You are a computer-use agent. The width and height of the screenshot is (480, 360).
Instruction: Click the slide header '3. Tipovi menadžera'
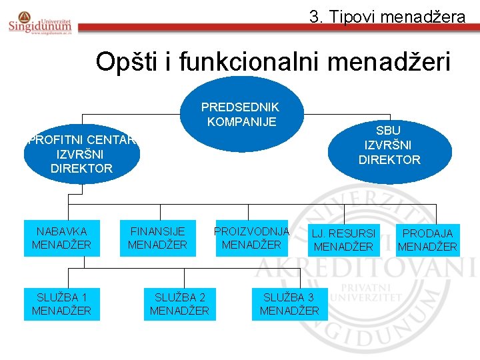pyautogui.click(x=387, y=17)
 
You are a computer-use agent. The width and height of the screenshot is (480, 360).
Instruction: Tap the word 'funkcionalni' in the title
pyautogui.click(x=241, y=62)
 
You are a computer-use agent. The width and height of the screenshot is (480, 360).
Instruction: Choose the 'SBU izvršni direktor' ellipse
pyautogui.click(x=389, y=145)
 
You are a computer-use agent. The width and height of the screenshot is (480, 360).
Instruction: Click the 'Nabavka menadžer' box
pyautogui.click(x=61, y=238)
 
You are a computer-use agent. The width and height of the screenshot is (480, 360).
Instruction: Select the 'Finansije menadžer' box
pyautogui.click(x=157, y=238)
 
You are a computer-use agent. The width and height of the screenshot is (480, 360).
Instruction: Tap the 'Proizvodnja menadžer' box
pyautogui.click(x=251, y=238)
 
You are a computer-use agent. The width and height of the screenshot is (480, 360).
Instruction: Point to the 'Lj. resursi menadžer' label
pyautogui.click(x=343, y=240)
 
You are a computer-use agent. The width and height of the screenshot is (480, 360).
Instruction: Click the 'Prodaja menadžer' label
pyautogui.click(x=427, y=240)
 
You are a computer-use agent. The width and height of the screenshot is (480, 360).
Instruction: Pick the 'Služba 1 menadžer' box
pyautogui.click(x=61, y=303)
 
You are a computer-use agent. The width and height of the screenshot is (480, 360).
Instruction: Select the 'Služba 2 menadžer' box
pyautogui.click(x=179, y=303)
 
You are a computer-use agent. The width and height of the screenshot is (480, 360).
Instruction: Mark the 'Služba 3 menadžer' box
pyautogui.click(x=289, y=303)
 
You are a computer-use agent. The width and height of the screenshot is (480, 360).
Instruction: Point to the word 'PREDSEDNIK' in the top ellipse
pyautogui.click(x=240, y=107)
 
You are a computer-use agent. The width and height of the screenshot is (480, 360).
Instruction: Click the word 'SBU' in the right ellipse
pyautogui.click(x=388, y=131)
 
